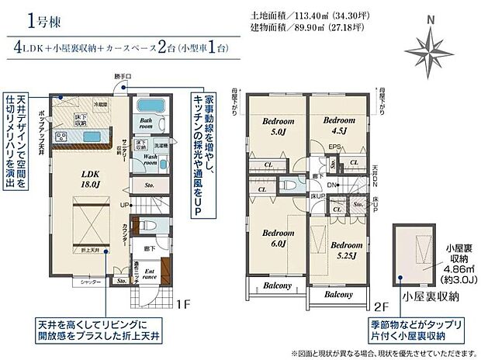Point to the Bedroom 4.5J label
(x=338, y=125)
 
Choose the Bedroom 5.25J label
(x=342, y=250)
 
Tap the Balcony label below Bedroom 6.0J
(x=277, y=286)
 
